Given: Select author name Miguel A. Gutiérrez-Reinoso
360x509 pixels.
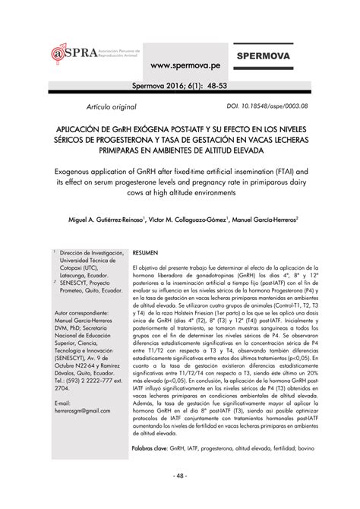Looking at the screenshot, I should point(98,220).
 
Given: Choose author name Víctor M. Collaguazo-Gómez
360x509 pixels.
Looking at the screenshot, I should point(188,220).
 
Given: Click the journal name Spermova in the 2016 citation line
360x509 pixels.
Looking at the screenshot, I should point(150,86).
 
